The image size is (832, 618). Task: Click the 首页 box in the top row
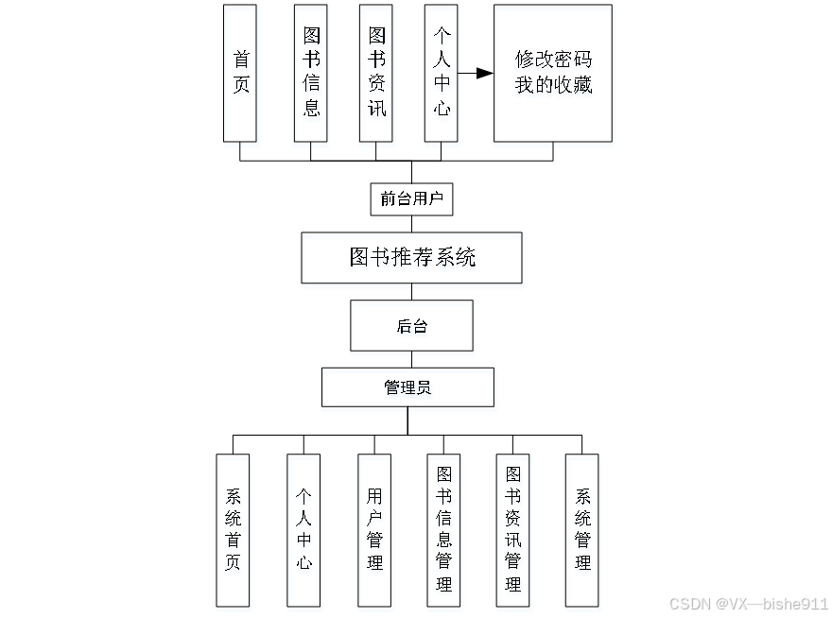click(x=240, y=73)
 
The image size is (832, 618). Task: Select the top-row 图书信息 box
click(x=311, y=73)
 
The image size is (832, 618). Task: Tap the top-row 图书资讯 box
click(x=376, y=73)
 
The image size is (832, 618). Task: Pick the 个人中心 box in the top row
click(x=442, y=73)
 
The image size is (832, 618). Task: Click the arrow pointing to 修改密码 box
click(x=477, y=73)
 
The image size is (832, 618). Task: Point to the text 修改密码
click(x=553, y=59)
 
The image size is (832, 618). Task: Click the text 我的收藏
click(x=553, y=85)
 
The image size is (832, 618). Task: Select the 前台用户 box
click(x=411, y=199)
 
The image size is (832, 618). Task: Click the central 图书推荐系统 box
click(x=411, y=257)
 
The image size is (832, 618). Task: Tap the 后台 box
click(x=411, y=326)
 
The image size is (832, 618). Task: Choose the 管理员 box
click(x=407, y=387)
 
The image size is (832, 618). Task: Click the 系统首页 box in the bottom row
click(x=233, y=530)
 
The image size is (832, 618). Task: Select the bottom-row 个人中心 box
click(x=303, y=530)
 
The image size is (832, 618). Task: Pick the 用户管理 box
click(x=374, y=530)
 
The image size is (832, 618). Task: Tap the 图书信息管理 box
click(x=443, y=530)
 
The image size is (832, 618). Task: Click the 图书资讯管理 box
click(x=512, y=530)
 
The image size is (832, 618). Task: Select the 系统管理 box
click(x=582, y=530)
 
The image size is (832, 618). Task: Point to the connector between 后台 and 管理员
click(x=411, y=359)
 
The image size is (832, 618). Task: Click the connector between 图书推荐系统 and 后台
click(x=411, y=292)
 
